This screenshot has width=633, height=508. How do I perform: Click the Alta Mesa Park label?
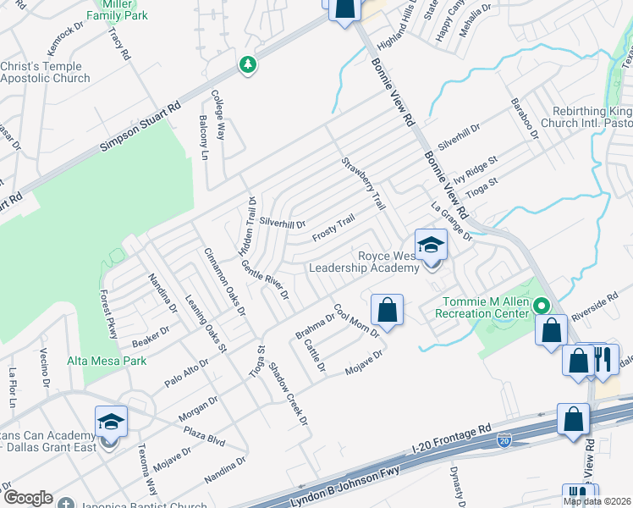pos(107,361)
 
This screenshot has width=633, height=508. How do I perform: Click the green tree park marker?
pos(248,65)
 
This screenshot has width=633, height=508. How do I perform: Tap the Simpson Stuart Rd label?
pos(140,128)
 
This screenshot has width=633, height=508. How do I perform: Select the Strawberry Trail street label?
pos(364,183)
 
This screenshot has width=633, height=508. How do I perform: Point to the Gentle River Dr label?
pos(265,281)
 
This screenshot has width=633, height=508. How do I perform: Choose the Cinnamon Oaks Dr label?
pos(224,282)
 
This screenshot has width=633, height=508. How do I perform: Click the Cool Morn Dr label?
pos(355,320)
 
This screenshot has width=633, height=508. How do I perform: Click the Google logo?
pos(28,497)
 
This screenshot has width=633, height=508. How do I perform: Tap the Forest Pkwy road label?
pos(107,314)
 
